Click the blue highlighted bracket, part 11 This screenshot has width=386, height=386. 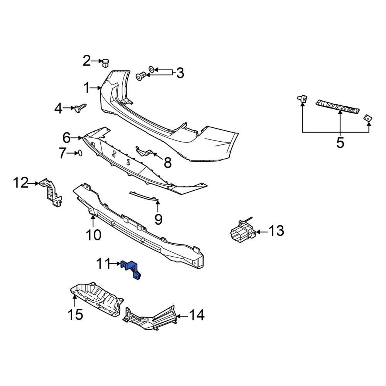132,268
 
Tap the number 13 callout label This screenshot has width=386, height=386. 276,231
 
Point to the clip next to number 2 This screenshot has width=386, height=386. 105,62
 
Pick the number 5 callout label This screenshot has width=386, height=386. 340,143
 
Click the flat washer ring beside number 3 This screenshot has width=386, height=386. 152,69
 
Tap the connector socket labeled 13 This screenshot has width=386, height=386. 241,231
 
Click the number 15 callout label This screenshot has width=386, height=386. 76,315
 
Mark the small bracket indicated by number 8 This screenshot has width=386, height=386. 144,151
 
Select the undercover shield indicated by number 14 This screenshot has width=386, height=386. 151,317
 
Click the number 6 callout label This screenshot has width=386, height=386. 66,137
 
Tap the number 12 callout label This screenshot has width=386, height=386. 21,183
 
